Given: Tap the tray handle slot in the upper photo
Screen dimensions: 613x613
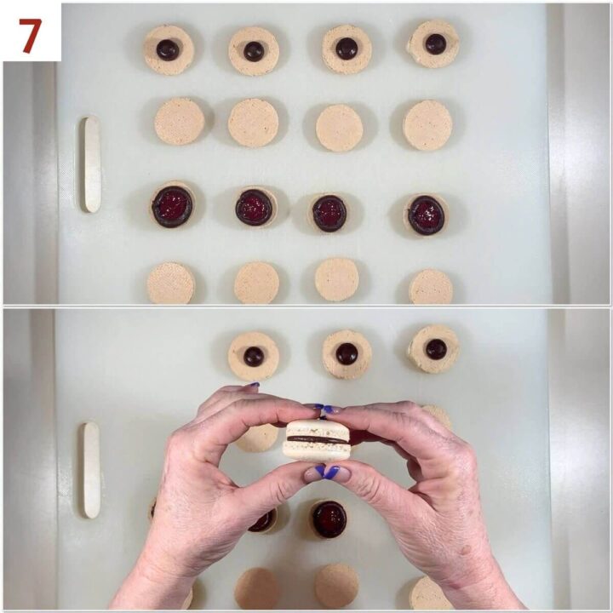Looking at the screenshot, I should (91, 164).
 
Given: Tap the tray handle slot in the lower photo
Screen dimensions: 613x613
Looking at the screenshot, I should (91, 470).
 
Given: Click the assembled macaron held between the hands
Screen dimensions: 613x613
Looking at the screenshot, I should (318, 439).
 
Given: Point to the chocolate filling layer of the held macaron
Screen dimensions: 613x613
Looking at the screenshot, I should (317, 440).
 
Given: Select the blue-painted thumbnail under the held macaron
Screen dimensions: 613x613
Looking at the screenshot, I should (328, 472).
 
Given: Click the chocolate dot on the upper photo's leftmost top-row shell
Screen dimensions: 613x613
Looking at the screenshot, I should (168, 49).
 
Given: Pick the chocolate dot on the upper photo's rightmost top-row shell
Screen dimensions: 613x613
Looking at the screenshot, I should (435, 43).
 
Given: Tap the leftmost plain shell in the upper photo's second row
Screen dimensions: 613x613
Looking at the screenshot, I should (179, 121).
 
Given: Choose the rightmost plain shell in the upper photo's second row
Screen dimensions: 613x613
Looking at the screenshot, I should (427, 125).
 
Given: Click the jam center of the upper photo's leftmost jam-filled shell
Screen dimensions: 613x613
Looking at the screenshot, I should (173, 206).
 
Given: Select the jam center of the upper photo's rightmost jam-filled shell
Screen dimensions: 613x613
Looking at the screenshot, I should (426, 215).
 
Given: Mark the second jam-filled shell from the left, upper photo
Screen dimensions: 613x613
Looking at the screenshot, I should (255, 207).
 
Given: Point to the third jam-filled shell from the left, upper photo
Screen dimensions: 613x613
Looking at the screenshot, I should (329, 213).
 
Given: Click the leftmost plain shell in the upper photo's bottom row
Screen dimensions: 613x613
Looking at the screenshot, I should (170, 284).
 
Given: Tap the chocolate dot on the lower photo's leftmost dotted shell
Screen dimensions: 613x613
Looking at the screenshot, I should (254, 356).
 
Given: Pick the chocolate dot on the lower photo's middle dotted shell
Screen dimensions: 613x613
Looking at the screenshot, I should (346, 353).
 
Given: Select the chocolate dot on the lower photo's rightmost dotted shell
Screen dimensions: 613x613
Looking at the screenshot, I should (436, 348).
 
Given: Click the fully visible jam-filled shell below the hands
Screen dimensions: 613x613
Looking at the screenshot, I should (329, 518).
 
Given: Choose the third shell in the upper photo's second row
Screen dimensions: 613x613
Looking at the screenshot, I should (340, 128).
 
